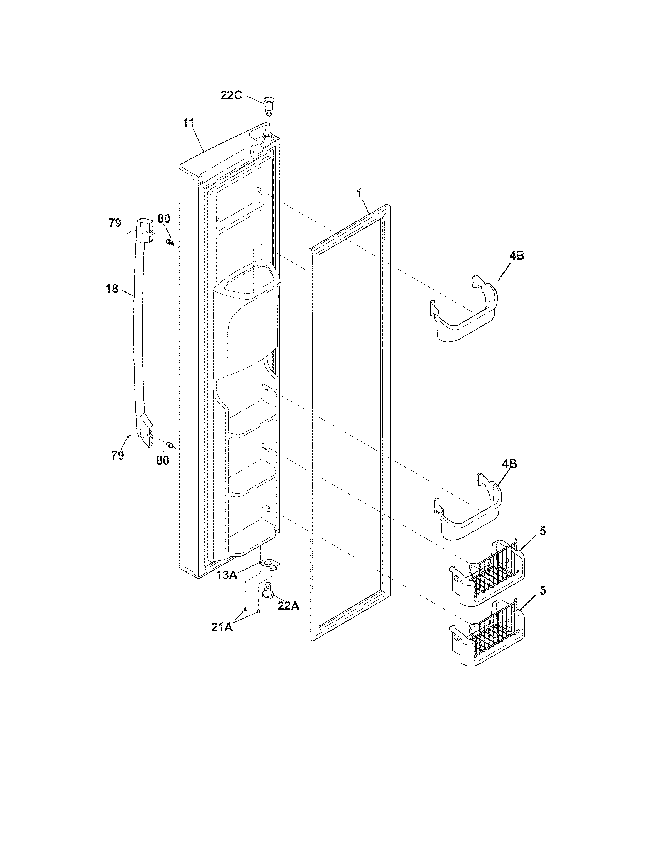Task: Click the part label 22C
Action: (232, 95)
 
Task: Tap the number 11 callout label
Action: (189, 123)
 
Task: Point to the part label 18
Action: (112, 288)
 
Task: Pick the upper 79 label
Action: (115, 223)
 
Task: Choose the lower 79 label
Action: (117, 456)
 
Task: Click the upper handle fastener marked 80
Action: (170, 243)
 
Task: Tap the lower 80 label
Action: (163, 460)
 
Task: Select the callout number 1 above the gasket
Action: (359, 193)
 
